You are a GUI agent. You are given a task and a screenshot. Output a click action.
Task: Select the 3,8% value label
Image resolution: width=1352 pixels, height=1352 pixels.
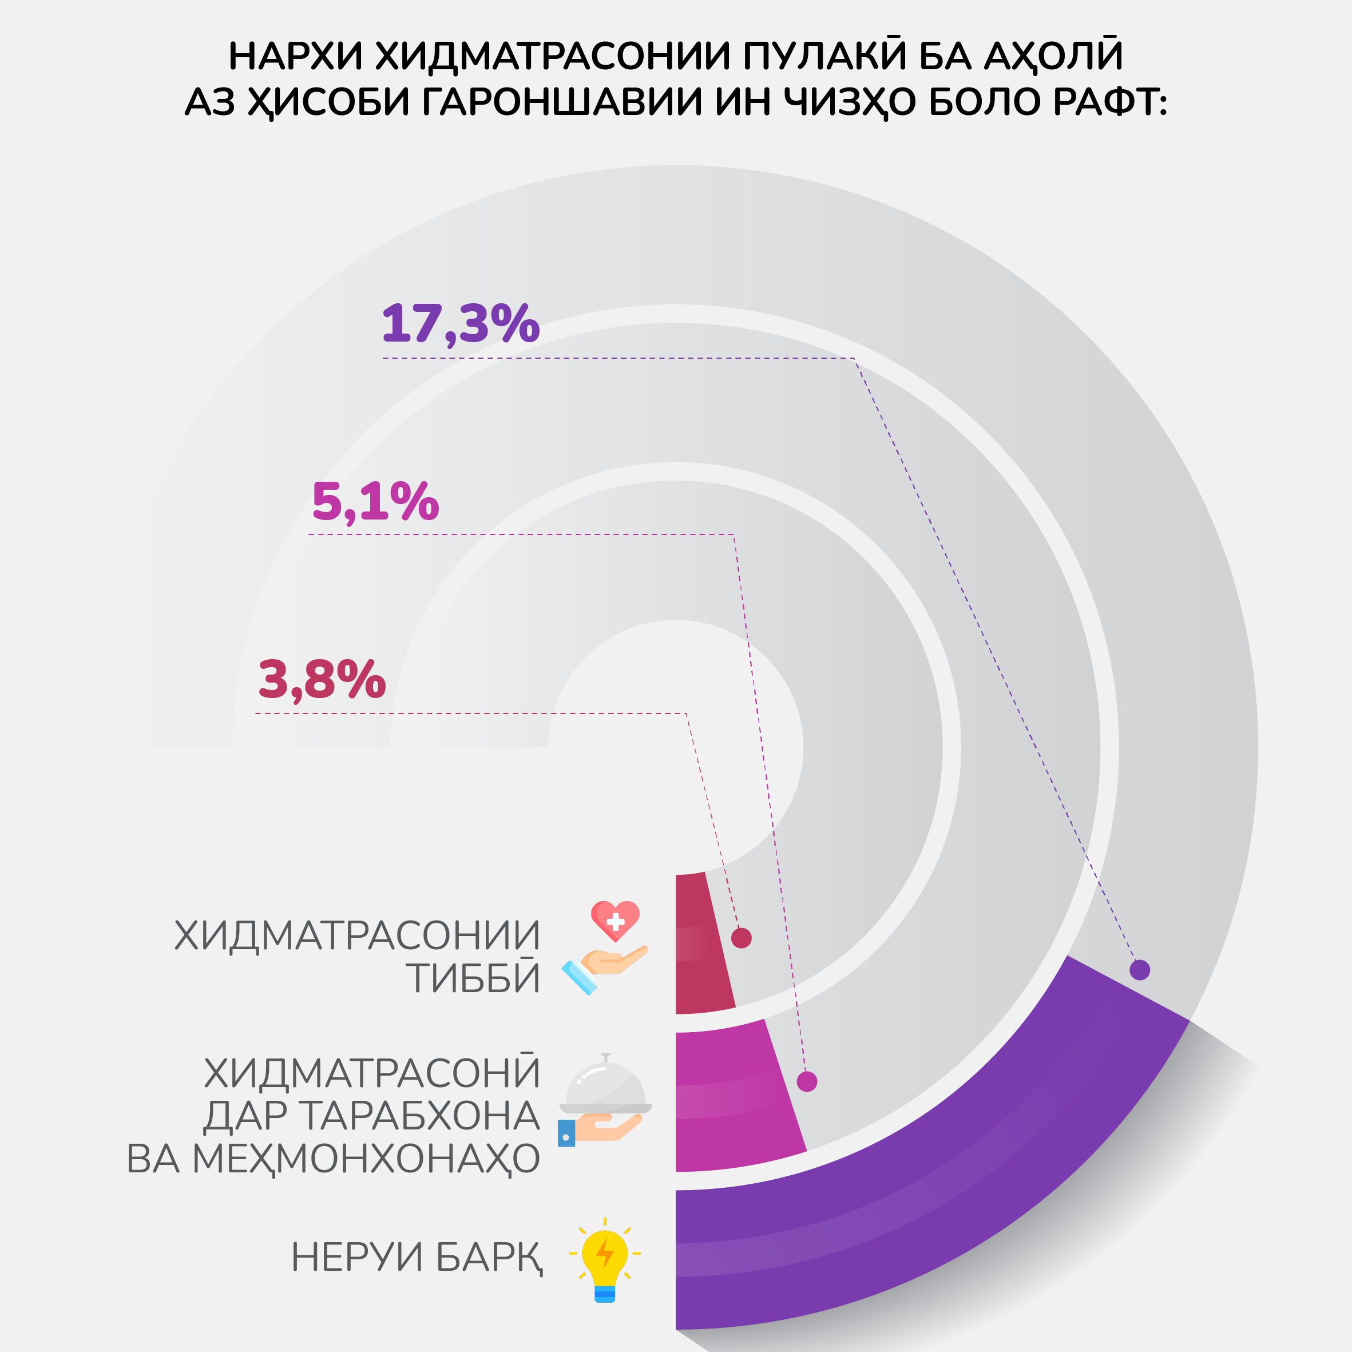click(322, 680)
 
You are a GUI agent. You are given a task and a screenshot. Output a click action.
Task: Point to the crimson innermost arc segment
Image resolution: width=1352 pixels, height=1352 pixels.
click(702, 945)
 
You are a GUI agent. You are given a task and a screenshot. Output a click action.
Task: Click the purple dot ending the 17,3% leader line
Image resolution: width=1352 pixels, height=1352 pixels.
click(1140, 970)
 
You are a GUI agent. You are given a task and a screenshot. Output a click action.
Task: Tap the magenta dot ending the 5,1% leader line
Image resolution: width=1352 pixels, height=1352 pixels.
click(807, 1081)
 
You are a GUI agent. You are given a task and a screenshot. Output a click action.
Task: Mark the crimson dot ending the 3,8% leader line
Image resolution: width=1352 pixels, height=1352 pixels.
click(741, 938)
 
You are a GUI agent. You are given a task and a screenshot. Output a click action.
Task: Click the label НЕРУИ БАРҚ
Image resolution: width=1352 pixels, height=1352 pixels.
click(417, 1258)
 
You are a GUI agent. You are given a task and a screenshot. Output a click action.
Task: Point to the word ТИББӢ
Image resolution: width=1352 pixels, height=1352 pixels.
click(474, 978)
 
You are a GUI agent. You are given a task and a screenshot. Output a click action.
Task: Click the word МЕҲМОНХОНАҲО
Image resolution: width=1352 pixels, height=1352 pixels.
click(366, 1159)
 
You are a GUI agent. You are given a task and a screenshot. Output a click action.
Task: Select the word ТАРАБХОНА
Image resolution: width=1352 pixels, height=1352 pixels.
click(421, 1116)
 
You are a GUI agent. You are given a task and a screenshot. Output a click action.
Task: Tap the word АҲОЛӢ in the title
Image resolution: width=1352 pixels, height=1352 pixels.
click(1053, 55)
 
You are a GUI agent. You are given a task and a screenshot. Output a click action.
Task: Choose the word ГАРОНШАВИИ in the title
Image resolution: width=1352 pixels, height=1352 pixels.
click(562, 102)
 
